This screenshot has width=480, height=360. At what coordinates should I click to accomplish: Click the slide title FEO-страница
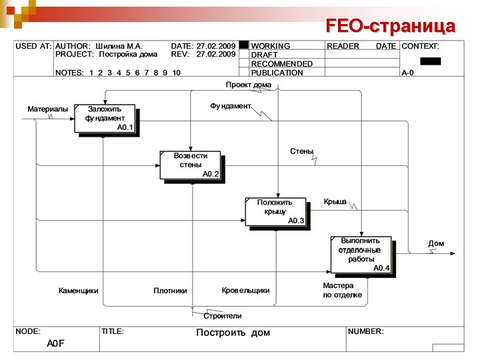[391, 26]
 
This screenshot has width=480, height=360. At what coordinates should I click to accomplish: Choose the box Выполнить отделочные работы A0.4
[360, 254]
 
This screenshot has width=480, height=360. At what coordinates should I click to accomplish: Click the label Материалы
[47, 109]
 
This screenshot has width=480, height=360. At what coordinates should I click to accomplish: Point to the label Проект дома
[248, 85]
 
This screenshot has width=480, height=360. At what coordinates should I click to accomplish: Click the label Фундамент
[231, 106]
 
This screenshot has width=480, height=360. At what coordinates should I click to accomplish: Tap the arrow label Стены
[301, 151]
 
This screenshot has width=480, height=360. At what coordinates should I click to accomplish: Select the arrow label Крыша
[335, 202]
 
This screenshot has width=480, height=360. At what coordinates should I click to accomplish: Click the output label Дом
[436, 244]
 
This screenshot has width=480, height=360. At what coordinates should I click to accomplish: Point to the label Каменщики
[79, 291]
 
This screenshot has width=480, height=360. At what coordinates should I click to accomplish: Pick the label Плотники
[170, 291]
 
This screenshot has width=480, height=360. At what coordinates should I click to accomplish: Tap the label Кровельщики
[245, 291]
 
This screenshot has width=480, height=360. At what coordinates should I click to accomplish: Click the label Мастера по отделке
[343, 290]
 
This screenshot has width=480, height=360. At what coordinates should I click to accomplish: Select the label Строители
[222, 315]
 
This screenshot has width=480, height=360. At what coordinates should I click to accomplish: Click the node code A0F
[55, 343]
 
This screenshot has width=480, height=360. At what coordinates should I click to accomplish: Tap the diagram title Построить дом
[233, 333]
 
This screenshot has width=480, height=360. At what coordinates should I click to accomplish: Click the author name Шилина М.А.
[119, 46]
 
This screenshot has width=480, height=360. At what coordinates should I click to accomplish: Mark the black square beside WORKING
[244, 45]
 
